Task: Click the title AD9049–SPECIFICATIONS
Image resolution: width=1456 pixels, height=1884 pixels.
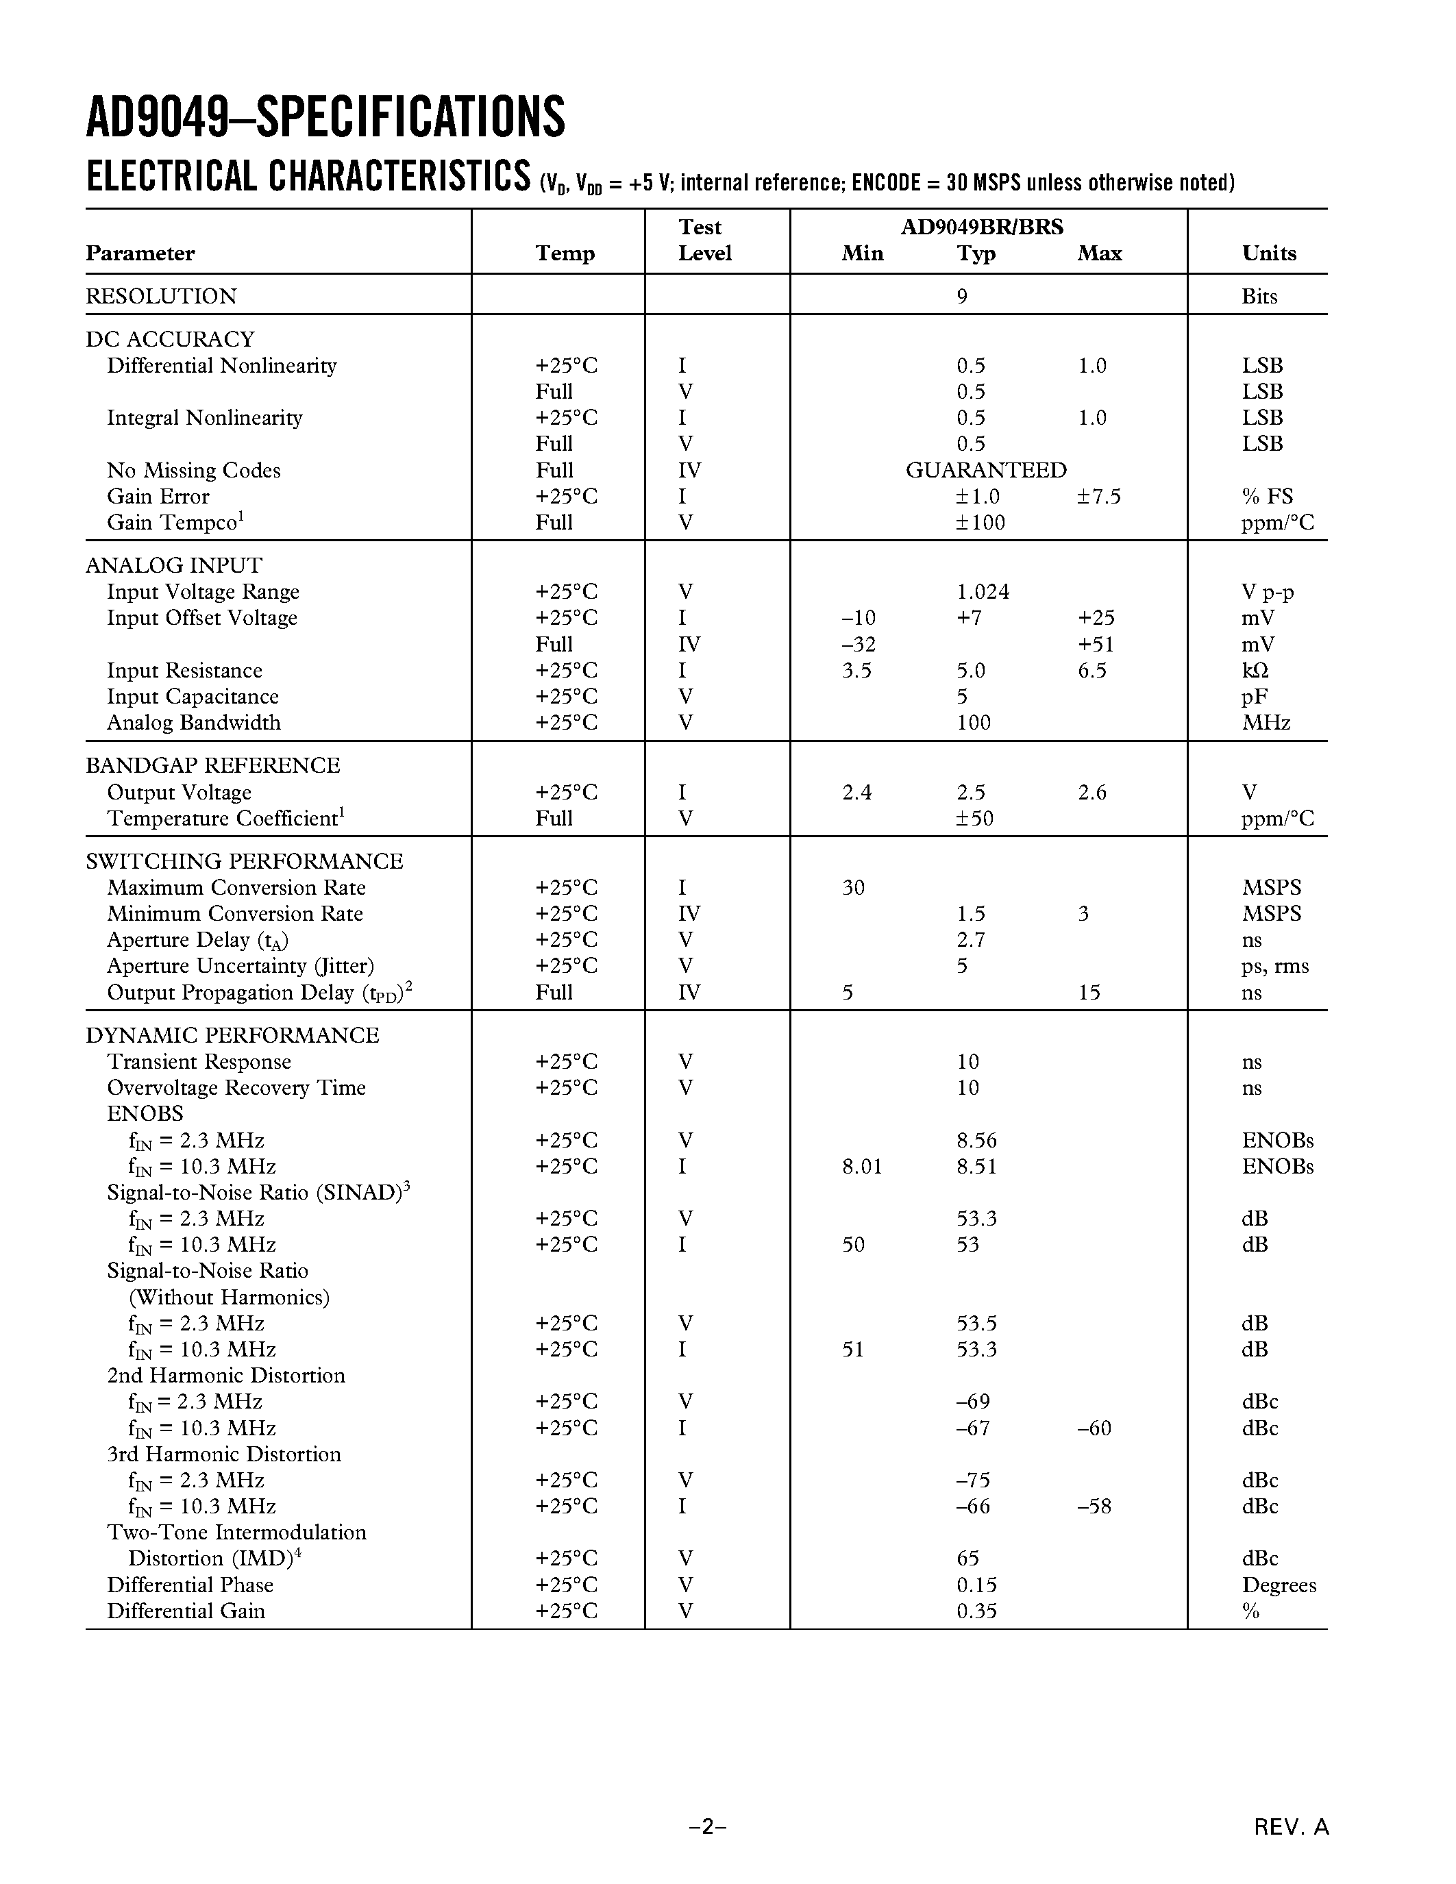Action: click(x=325, y=119)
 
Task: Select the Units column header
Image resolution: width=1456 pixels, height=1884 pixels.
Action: click(x=1268, y=253)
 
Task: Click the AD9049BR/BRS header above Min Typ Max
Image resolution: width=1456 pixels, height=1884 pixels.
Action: click(x=982, y=227)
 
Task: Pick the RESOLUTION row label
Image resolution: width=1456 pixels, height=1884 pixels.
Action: click(x=160, y=296)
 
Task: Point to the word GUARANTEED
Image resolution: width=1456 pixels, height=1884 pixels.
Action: click(x=986, y=470)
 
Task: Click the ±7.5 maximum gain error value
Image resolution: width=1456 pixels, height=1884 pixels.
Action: click(x=1099, y=496)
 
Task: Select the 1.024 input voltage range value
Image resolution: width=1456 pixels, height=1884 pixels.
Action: click(x=983, y=592)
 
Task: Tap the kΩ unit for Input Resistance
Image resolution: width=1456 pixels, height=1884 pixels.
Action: click(x=1255, y=670)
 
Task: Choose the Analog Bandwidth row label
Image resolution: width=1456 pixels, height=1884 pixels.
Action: click(x=193, y=722)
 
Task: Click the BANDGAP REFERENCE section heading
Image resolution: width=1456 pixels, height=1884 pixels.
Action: click(x=212, y=765)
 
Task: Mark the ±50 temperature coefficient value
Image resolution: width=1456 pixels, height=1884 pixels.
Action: click(x=975, y=818)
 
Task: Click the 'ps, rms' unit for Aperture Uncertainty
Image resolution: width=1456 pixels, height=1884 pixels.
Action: click(x=1275, y=965)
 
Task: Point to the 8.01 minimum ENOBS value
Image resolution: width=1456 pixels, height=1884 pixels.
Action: click(x=862, y=1166)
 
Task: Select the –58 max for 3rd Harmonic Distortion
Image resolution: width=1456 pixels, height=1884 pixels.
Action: click(x=1094, y=1506)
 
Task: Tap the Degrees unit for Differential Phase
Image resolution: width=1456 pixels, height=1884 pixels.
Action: click(x=1279, y=1585)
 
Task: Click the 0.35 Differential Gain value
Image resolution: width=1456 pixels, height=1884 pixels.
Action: click(x=976, y=1611)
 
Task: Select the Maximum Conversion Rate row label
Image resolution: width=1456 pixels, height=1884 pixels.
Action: click(x=236, y=888)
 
